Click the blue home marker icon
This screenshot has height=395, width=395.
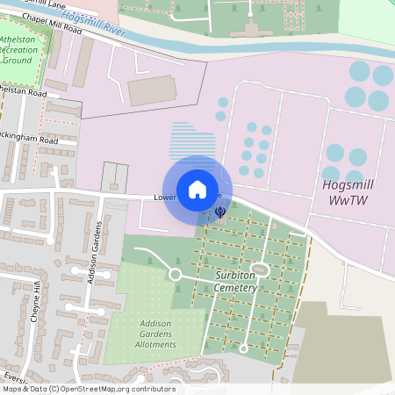(197, 189)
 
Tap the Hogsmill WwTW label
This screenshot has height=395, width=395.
(350, 192)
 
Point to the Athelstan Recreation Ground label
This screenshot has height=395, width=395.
(23, 51)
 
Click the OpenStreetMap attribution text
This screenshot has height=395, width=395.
(88, 389)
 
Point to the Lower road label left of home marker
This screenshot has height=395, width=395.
(164, 197)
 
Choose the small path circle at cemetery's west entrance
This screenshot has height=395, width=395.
(175, 275)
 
